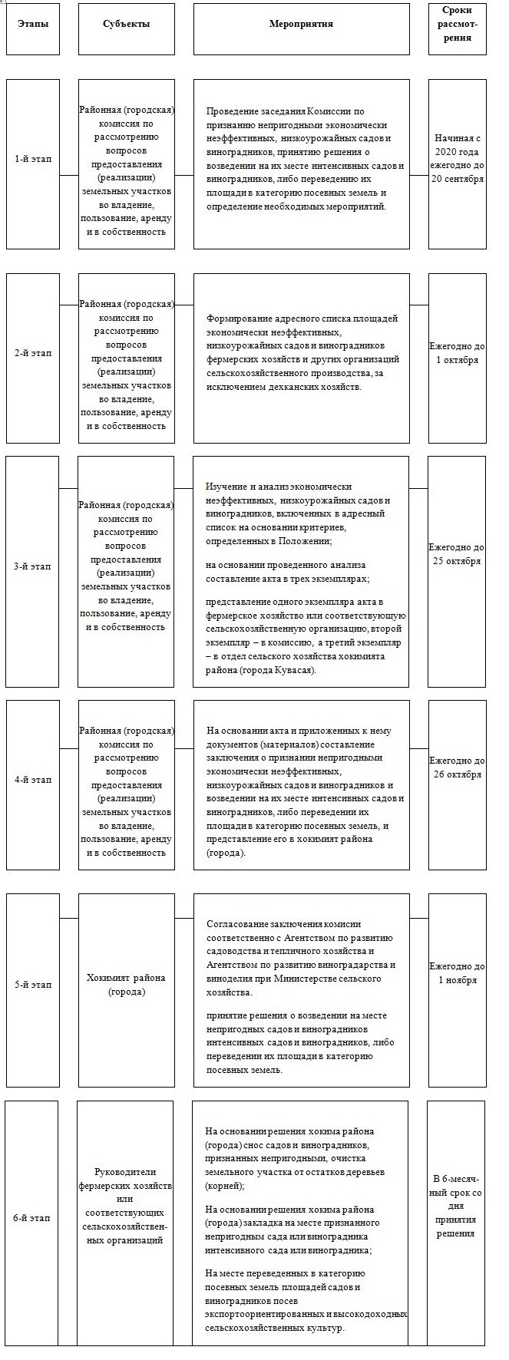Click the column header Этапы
[33, 24]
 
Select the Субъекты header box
[127, 24]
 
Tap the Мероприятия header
[301, 24]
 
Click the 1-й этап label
[33, 159]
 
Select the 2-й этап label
[33, 353]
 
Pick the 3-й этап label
[33, 566]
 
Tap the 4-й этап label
[33, 780]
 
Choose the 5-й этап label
[33, 985]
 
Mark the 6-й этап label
[33, 1218]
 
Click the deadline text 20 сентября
[457, 180]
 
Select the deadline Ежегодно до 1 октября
[457, 353]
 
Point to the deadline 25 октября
[457, 561]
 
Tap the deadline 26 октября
[457, 774]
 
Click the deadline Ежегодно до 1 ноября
[457, 973]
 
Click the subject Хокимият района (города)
[127, 985]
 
